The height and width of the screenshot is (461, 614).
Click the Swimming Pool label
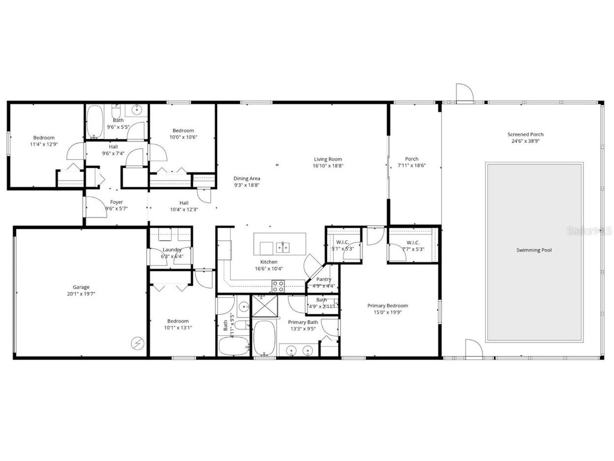click(534, 250)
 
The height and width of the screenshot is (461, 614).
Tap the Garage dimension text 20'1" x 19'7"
click(81, 294)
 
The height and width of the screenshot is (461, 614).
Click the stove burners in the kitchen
click(278, 285)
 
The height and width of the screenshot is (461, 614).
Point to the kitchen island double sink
click(282, 246)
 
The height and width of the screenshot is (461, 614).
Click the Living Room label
click(328, 159)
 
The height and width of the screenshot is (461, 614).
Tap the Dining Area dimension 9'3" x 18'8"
click(246, 185)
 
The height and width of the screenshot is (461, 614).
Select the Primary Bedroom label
click(387, 305)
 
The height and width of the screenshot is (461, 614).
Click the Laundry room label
click(172, 250)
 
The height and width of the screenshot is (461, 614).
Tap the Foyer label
click(117, 202)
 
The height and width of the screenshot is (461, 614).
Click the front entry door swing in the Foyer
click(96, 207)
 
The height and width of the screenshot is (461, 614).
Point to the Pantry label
click(323, 279)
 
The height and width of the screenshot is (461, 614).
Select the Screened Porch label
click(525, 134)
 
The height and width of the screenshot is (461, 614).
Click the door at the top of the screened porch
click(464, 94)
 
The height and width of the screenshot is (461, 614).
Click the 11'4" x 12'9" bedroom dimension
click(44, 145)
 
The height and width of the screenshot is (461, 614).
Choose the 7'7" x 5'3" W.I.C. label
click(412, 249)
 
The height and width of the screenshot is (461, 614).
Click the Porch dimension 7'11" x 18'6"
click(411, 165)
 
